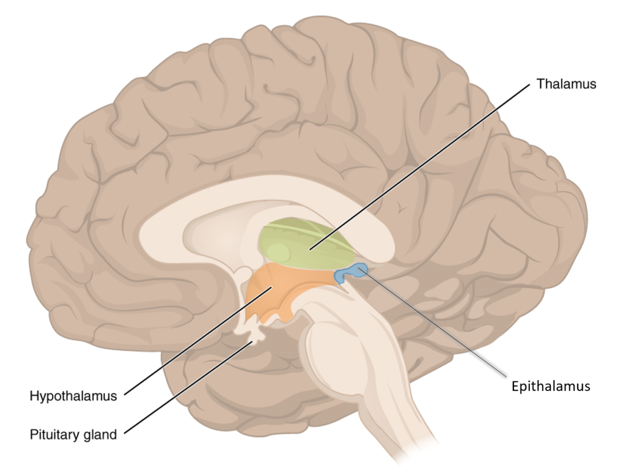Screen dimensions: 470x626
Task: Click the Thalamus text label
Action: (565, 84)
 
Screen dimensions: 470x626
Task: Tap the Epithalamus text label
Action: (550, 386)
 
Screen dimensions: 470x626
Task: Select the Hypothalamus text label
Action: (73, 396)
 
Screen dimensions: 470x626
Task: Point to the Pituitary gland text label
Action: (73, 435)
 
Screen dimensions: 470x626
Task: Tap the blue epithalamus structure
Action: (352, 273)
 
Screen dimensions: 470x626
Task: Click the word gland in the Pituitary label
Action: (101, 436)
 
